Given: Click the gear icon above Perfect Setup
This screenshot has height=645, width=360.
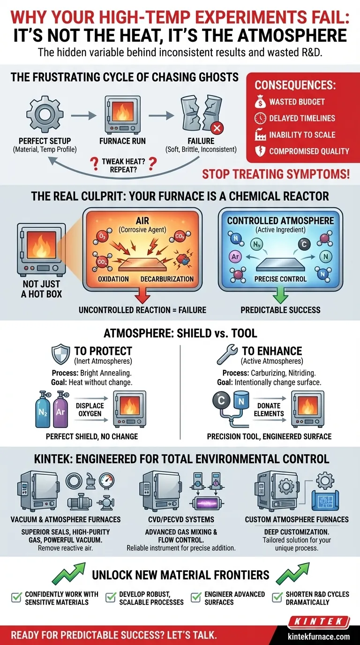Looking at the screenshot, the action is coord(45,114).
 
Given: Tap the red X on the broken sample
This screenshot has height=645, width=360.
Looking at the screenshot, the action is coord(217,128).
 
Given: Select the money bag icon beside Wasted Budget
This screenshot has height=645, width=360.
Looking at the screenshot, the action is coord(260,102).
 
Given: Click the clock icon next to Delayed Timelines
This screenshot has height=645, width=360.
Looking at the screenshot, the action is coord(260,118).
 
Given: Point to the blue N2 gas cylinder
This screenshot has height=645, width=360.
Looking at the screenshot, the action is coord(42,409).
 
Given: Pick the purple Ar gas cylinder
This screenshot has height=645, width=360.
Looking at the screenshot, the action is coord(60,409).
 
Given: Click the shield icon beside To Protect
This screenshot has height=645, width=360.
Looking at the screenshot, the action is coord(60,354).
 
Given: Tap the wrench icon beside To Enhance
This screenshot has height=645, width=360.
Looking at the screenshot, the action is coord(227,354).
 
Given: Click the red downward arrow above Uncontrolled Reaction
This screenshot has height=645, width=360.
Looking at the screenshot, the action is coord(142,295).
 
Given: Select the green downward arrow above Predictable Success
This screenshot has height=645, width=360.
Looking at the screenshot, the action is coord(280,295).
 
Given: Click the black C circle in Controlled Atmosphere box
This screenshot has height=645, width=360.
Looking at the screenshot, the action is coord(304,245).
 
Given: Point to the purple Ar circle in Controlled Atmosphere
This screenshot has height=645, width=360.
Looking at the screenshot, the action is coord(235,256).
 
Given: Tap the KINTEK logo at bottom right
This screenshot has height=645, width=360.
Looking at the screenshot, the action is coord(319,622).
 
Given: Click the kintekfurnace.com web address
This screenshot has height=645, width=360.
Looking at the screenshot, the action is coord(319,637).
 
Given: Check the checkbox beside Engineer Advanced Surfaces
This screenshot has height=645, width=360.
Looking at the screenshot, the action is coord(196,598).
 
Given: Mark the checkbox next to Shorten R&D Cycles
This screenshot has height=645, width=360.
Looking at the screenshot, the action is coord(277,598).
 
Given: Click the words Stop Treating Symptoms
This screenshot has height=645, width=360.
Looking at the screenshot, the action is coord(276,174).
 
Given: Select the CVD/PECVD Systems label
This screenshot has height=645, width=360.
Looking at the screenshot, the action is coord(181,519).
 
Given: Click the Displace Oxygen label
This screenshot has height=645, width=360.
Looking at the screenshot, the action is coord(90,410).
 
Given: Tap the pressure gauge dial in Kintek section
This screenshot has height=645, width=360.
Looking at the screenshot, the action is coord(106,480).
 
